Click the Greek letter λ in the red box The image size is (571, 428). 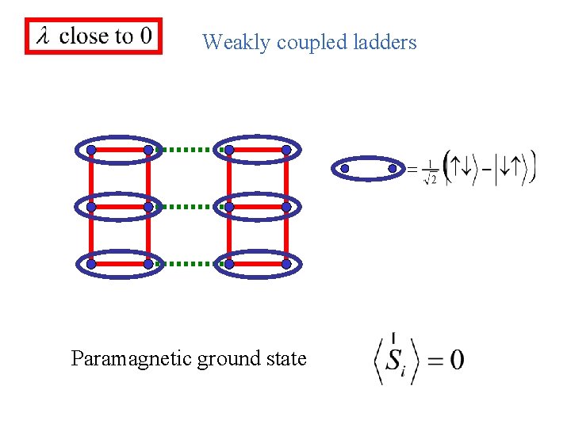pyautogui.click(x=42, y=36)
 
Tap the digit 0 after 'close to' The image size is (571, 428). pyautogui.click(x=145, y=36)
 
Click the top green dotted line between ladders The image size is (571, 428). pyautogui.click(x=189, y=149)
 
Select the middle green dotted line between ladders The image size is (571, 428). pyautogui.click(x=189, y=206)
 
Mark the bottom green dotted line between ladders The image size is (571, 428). pyautogui.click(x=189, y=264)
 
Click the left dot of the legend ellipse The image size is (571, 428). pyautogui.click(x=344, y=168)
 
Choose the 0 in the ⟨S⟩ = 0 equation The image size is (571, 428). pyautogui.click(x=457, y=361)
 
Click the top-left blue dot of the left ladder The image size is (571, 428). pyautogui.click(x=91, y=149)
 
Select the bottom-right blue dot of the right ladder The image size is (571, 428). pyautogui.click(x=286, y=264)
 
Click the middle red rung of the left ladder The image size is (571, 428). pyautogui.click(x=120, y=206)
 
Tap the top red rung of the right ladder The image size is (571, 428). pyautogui.click(x=258, y=149)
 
